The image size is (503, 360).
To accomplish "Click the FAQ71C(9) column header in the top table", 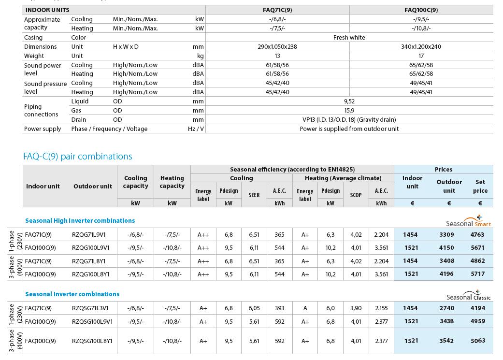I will pos(277,10).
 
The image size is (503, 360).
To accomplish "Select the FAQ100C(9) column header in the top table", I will pos(421,10).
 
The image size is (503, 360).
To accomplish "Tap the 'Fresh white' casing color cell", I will pos(349,37).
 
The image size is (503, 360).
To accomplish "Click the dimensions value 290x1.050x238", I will pos(277,47).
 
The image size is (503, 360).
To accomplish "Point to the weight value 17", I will pos(421,56).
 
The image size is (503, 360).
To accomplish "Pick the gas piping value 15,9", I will pos(349,111).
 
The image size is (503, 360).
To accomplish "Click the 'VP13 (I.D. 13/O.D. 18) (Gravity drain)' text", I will pos(349,120).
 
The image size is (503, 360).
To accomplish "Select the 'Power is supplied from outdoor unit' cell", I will pos(349,129).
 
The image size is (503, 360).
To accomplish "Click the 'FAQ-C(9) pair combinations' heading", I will pos(77,157).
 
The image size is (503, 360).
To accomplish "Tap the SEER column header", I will pos(254,195).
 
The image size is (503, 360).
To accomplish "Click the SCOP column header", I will pos(356,195).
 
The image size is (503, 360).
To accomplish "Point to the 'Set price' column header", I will pos(480,186).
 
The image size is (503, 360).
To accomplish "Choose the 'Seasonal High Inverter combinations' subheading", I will pos(80,220).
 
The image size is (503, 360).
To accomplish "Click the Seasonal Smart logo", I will pos(468,222).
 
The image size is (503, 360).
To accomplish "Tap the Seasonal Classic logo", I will pos(468,296).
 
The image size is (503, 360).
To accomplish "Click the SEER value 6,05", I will pos(254,308).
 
